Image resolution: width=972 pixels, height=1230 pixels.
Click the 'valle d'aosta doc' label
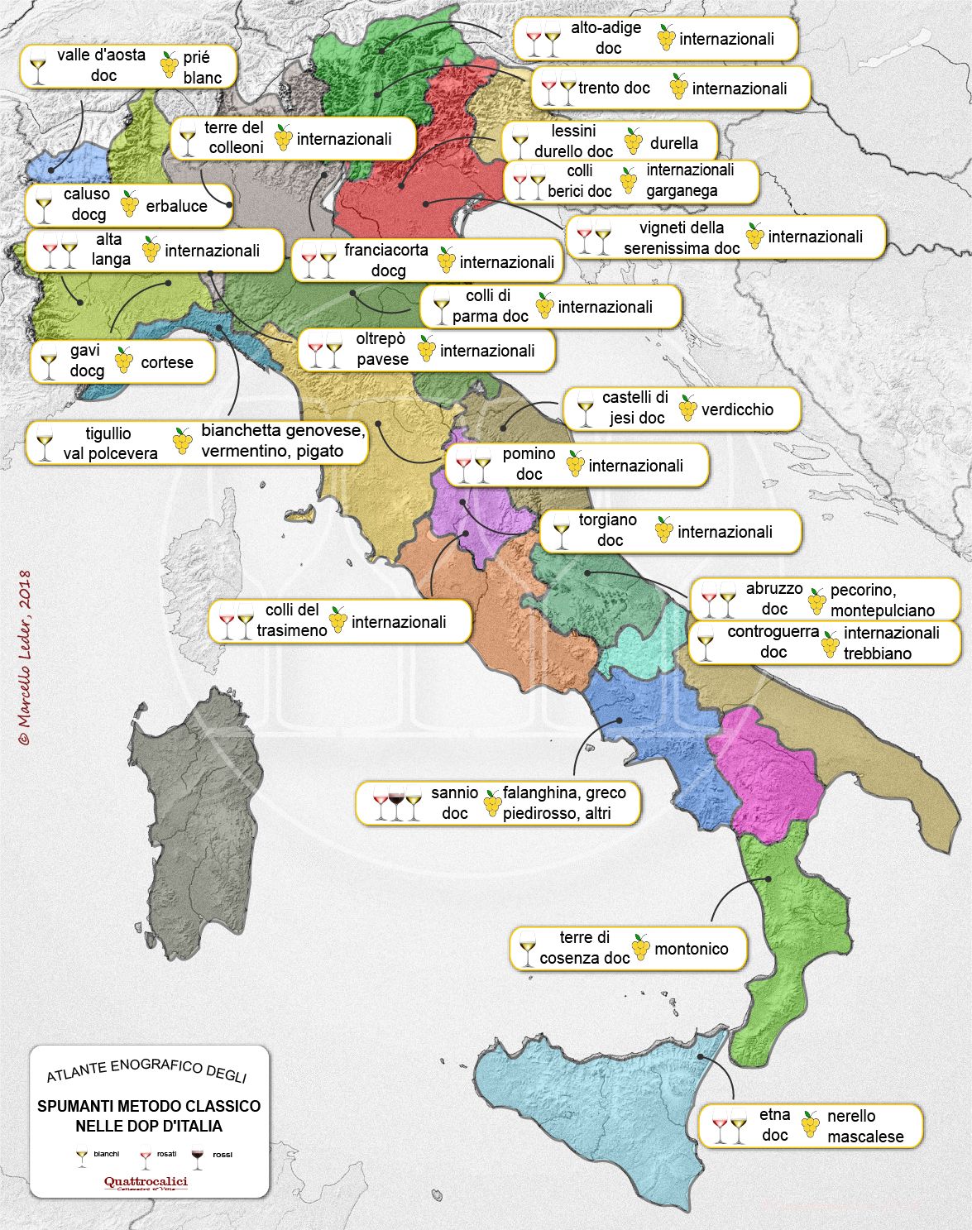tap(103, 65)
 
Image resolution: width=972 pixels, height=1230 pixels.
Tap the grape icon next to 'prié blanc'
tap(169, 65)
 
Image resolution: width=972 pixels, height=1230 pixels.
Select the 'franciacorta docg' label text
tap(386, 261)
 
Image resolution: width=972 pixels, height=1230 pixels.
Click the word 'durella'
tap(673, 143)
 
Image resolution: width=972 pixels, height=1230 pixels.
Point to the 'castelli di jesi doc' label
tap(635, 408)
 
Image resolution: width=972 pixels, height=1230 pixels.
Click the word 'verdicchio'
tap(737, 409)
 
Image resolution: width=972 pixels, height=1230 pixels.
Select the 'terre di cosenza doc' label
tap(584, 948)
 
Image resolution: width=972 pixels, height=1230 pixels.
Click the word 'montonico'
tap(691, 949)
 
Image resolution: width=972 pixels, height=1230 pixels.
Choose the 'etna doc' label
tap(774, 1125)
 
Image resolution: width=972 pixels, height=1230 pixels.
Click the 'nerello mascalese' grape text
tap(864, 1126)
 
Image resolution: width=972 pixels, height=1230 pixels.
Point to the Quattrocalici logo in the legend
tap(146, 1182)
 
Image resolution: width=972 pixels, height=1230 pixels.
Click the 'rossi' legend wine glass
tap(197, 1156)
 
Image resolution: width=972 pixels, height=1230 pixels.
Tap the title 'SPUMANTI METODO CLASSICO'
tap(149, 1106)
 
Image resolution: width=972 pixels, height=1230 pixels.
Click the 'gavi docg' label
tap(86, 361)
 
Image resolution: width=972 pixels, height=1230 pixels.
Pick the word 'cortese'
tap(166, 362)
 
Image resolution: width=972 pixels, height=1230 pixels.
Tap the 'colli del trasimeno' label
tap(291, 620)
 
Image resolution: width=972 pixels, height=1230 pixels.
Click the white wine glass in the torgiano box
tap(563, 532)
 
